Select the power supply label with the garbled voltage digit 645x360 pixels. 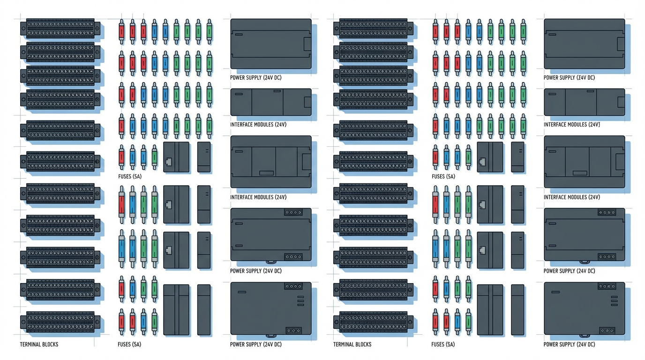pyautogui.click(x=569, y=78)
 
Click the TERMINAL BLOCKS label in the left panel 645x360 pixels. pyautogui.click(x=39, y=345)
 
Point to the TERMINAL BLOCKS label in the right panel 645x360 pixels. pyautogui.click(x=352, y=345)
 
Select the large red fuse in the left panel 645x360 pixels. pyautogui.click(x=122, y=204)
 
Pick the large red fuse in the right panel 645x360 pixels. pyautogui.click(x=435, y=204)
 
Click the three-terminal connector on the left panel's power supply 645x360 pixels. pyautogui.click(x=293, y=330)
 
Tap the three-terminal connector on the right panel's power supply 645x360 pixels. pyautogui.click(x=607, y=330)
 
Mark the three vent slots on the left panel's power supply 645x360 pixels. pyautogui.click(x=300, y=301)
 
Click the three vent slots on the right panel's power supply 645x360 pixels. pyautogui.click(x=614, y=301)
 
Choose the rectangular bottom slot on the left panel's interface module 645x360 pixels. pyautogui.click(x=266, y=173)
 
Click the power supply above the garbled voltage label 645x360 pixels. pyautogui.click(x=584, y=44)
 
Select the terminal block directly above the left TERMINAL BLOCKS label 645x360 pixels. pyautogui.click(x=60, y=322)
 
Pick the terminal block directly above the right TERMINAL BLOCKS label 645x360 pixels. pyautogui.click(x=373, y=322)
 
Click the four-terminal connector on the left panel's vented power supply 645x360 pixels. pyautogui.click(x=293, y=286)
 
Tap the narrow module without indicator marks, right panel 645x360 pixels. pyautogui.click(x=517, y=309)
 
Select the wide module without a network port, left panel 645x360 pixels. pyautogui.click(x=176, y=309)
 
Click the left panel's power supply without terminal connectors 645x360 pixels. pyautogui.click(x=270, y=44)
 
